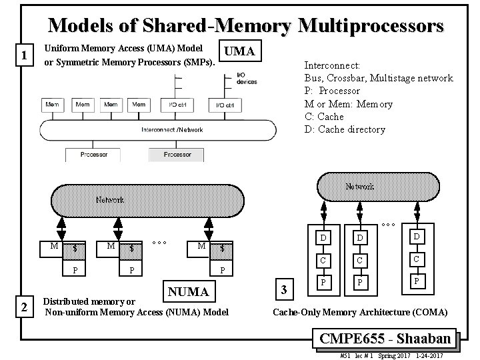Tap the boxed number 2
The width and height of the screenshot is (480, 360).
click(x=25, y=307)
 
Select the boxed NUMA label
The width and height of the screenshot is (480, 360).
click(x=188, y=291)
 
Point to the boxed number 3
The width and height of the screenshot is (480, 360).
click(x=284, y=290)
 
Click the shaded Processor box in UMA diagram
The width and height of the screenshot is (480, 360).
click(x=177, y=155)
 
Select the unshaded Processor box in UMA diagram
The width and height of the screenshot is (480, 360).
click(x=94, y=155)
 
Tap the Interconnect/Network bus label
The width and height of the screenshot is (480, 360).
click(x=172, y=129)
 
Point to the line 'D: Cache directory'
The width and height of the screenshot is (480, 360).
click(x=345, y=129)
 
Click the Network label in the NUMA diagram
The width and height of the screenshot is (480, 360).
click(x=109, y=199)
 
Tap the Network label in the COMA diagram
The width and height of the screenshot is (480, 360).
click(x=361, y=187)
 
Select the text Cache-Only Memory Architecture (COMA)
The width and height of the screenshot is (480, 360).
click(x=361, y=312)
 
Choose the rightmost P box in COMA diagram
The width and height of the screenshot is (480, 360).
click(x=415, y=281)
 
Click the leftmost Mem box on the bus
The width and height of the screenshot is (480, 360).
click(x=53, y=105)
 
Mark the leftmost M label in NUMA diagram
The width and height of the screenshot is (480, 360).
click(x=54, y=246)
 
